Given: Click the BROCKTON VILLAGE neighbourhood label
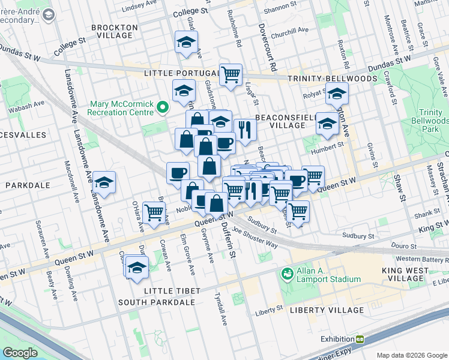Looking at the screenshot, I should [x=111, y=31].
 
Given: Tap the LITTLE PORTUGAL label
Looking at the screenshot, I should [x=179, y=73].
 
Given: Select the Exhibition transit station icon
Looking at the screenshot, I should [x=360, y=339].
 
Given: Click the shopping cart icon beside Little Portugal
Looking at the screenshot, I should [x=231, y=75].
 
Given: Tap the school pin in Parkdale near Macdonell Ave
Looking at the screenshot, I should [x=104, y=182].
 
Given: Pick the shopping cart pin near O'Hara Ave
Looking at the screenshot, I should [x=154, y=212].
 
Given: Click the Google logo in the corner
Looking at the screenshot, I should [x=20, y=353].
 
